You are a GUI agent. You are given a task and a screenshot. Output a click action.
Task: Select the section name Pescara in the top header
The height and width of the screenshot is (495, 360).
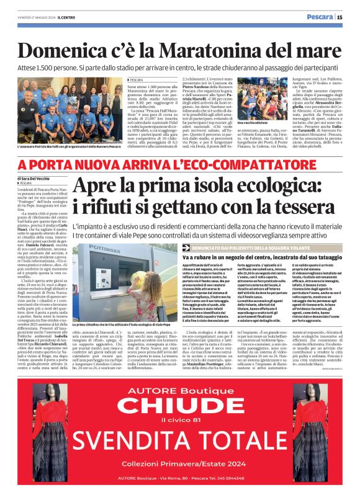pyautogui.click(x=319, y=17)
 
